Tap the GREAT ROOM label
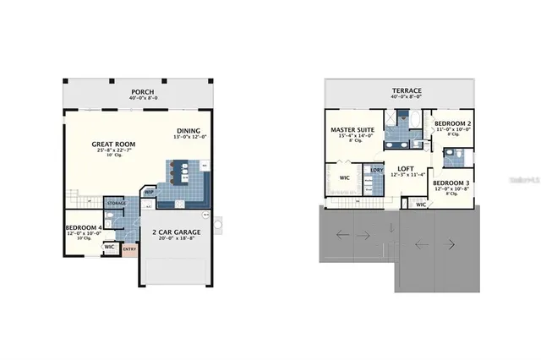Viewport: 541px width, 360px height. click(114, 145)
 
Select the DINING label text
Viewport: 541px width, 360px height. click(188, 130)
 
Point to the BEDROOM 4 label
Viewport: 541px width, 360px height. click(83, 227)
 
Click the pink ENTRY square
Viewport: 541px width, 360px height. click(129, 248)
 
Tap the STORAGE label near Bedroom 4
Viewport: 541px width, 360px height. click(116, 204)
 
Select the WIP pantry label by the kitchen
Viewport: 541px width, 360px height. click(148, 192)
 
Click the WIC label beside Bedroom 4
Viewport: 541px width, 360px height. click(110, 248)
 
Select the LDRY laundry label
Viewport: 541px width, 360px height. click(377, 170)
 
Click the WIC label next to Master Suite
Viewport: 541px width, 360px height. click(345, 178)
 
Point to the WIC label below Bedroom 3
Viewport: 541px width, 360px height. click(421, 204)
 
